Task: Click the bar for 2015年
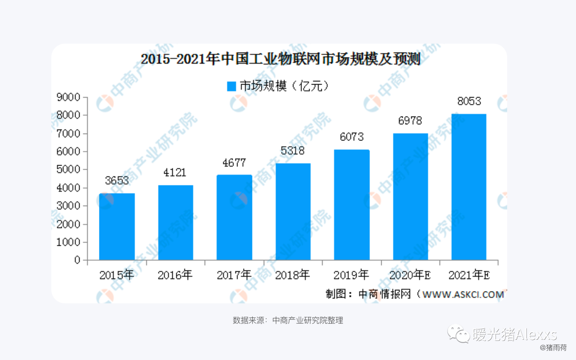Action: point(117,227)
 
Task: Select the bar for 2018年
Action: point(293,212)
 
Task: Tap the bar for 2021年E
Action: point(469,187)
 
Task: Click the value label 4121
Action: point(175,173)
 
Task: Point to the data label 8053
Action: point(469,101)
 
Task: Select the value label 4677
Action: point(234,163)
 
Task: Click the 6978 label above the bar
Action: point(410,121)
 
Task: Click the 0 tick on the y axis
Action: point(77,260)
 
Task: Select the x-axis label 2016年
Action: point(175,275)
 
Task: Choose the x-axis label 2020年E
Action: point(410,275)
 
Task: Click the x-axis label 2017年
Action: point(234,275)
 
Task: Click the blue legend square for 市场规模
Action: point(231,86)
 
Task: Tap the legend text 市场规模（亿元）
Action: point(283,86)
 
